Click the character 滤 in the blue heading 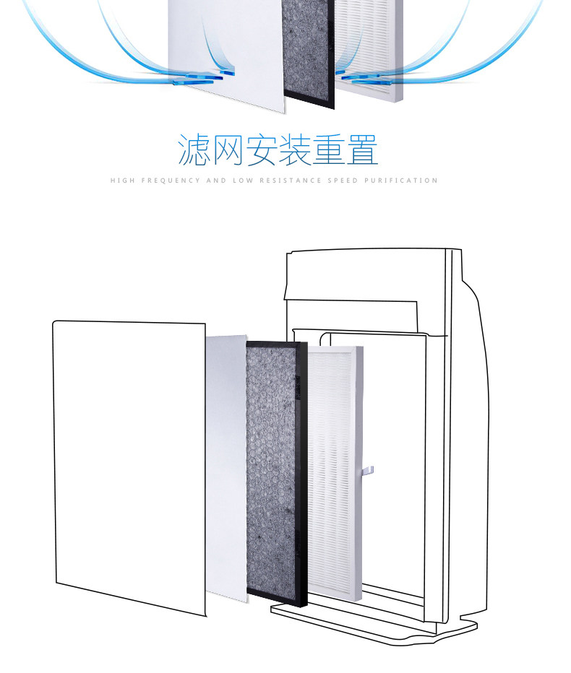[194, 149]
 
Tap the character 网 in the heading [228, 149]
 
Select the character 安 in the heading [261, 149]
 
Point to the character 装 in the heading [295, 149]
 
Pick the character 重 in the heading [328, 149]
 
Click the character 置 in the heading [362, 149]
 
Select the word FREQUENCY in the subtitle [171, 181]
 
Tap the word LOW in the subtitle [243, 181]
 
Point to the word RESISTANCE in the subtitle [291, 181]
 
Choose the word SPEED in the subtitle [343, 181]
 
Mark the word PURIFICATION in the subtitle [401, 181]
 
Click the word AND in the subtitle [217, 181]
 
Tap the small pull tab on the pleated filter [368, 471]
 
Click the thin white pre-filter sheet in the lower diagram [226, 468]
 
